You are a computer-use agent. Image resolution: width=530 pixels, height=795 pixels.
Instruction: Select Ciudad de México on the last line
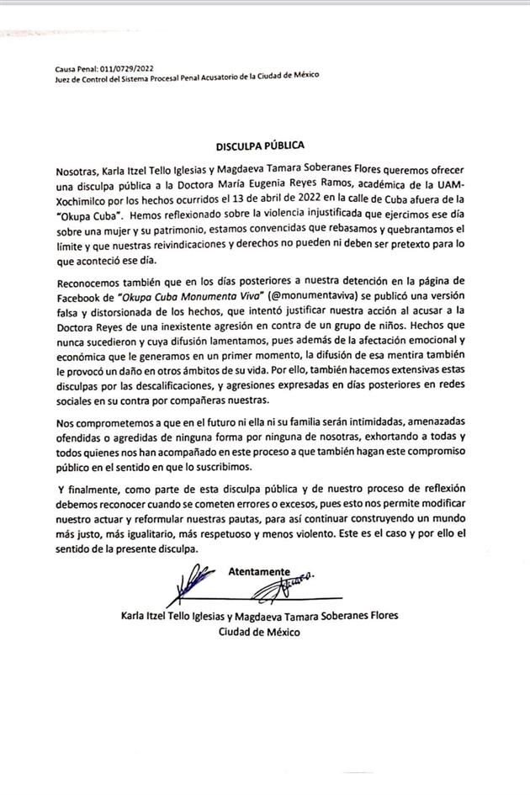click(x=260, y=631)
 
